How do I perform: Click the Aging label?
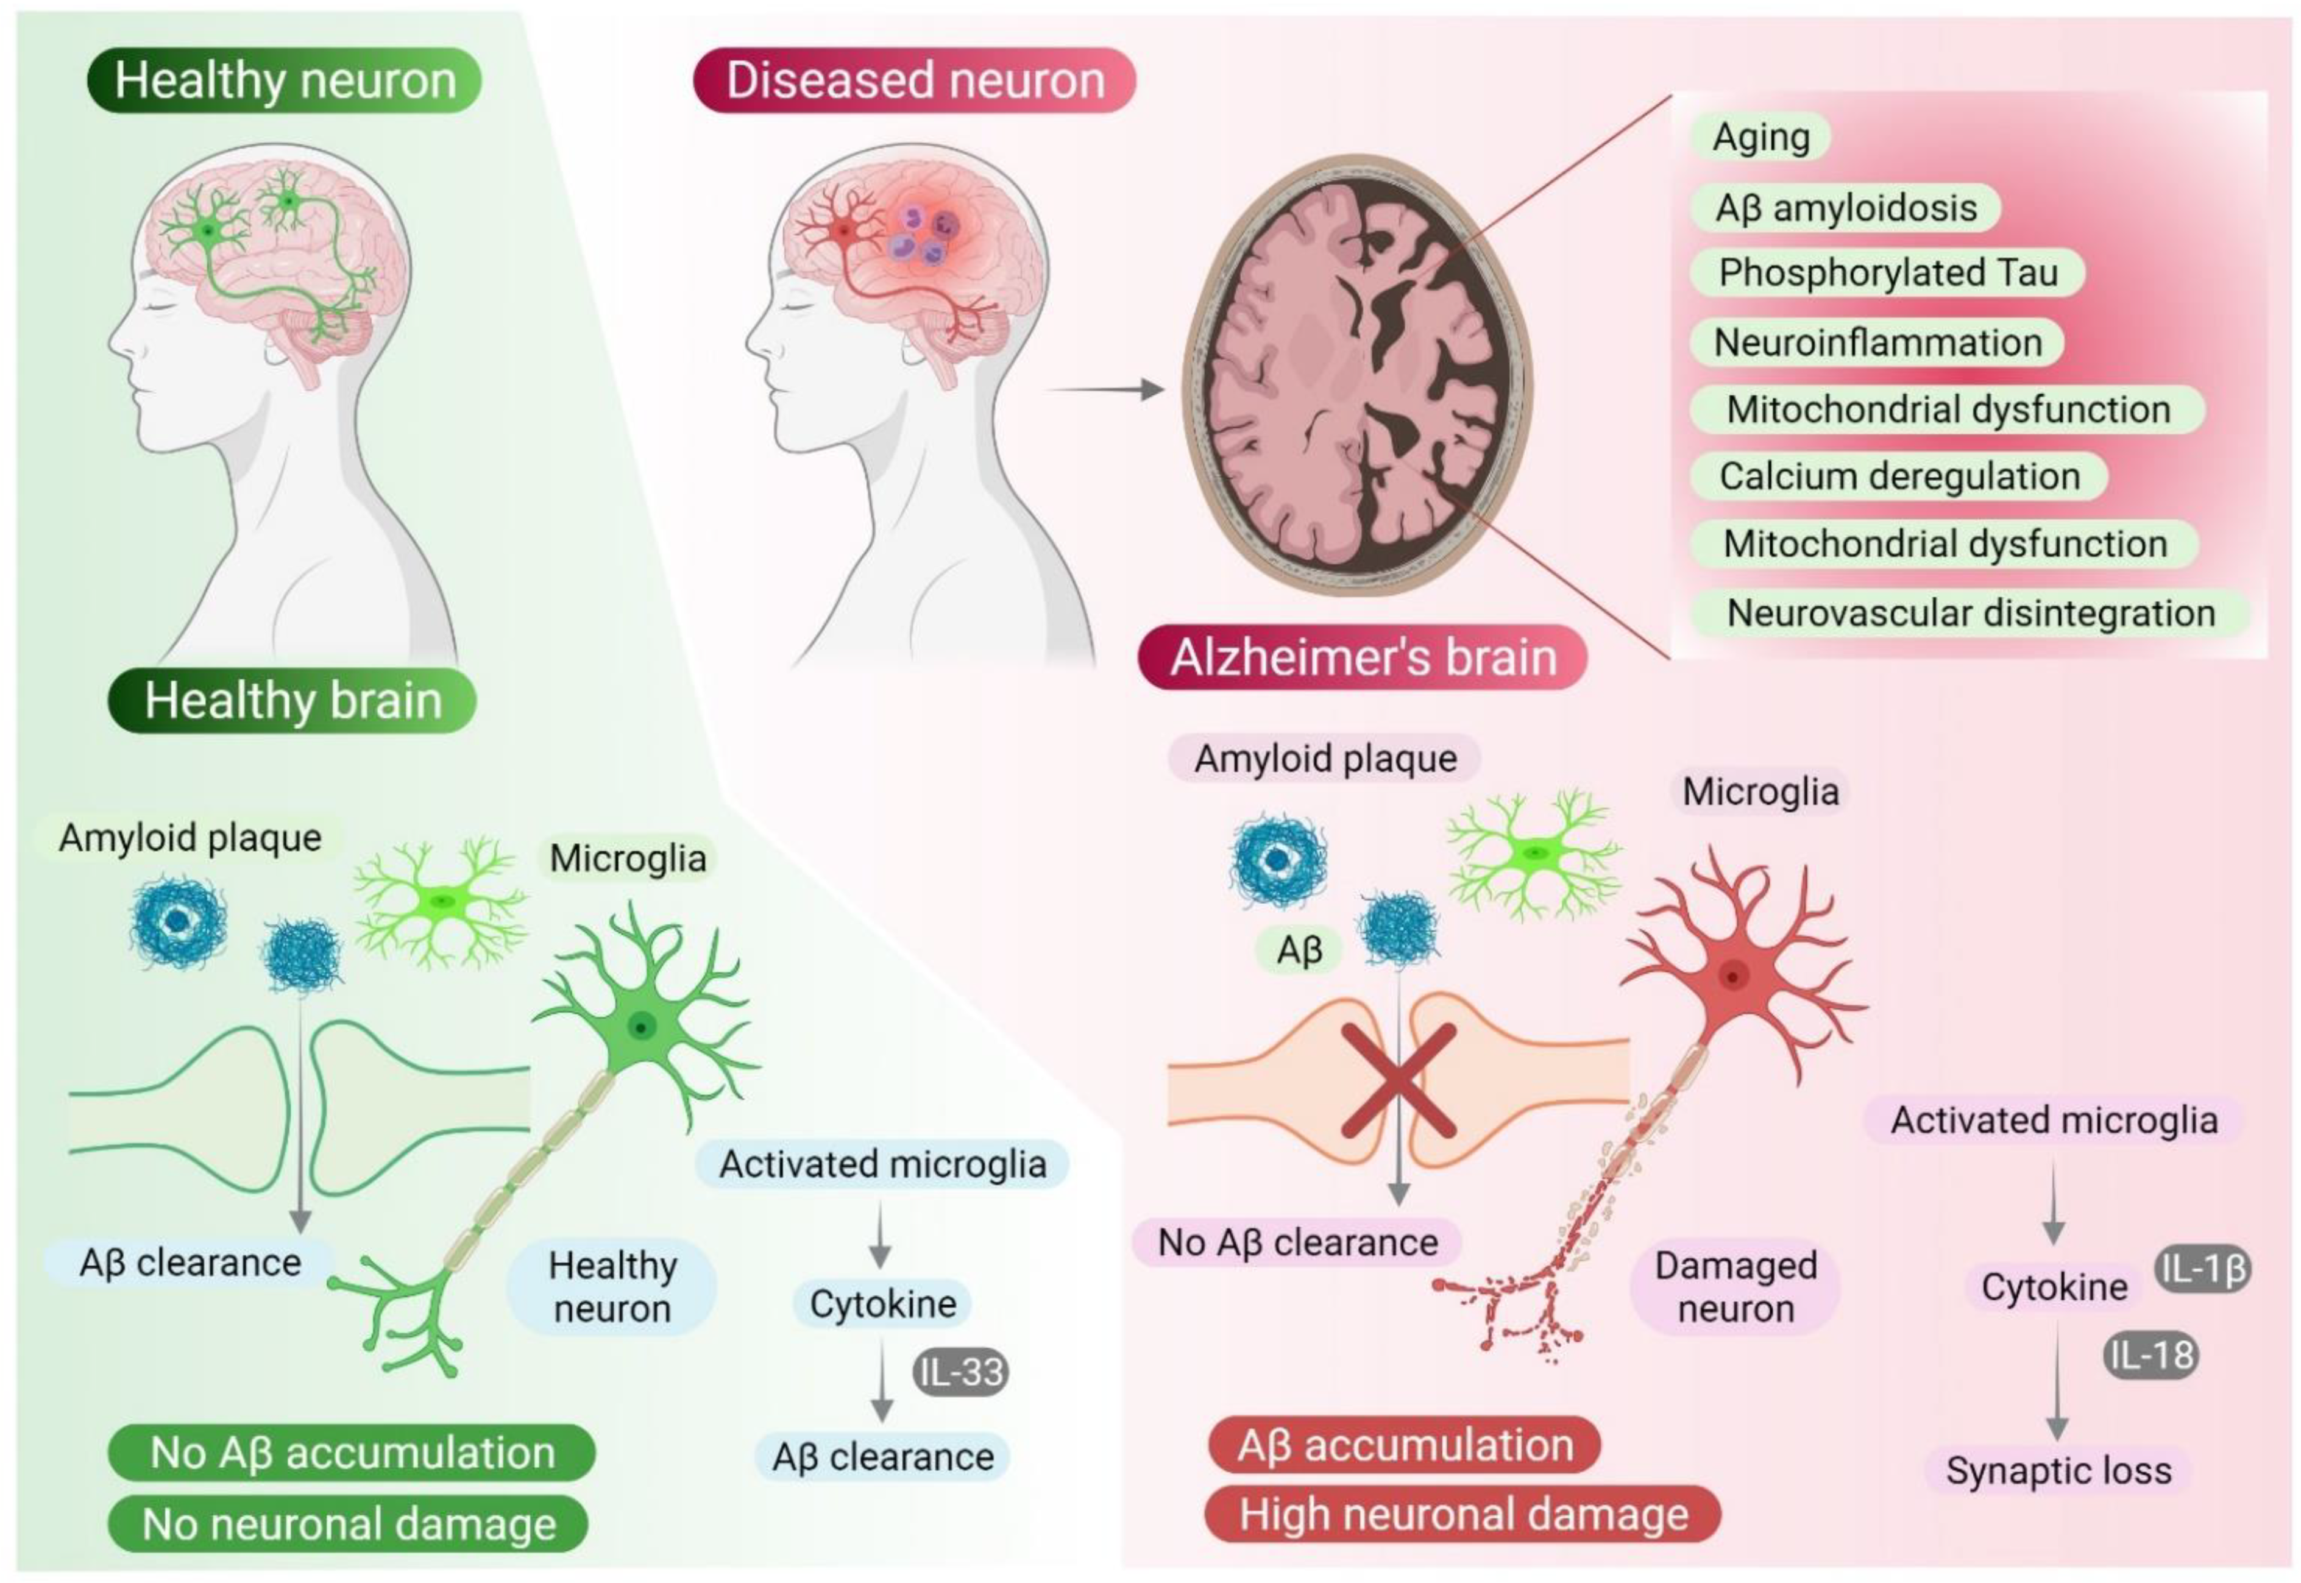tap(1760, 137)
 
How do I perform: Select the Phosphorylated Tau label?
tap(1887, 273)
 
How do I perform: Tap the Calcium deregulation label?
tap(1898, 476)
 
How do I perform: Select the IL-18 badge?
tap(2150, 1356)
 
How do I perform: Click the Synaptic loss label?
tap(2058, 1470)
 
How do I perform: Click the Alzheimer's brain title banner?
tap(1363, 657)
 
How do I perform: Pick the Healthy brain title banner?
tap(292, 700)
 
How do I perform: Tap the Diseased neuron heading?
tap(915, 80)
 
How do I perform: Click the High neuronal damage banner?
tap(1463, 1515)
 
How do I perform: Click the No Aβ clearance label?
tap(1297, 1242)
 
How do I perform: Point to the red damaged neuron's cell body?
tap(1732, 977)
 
